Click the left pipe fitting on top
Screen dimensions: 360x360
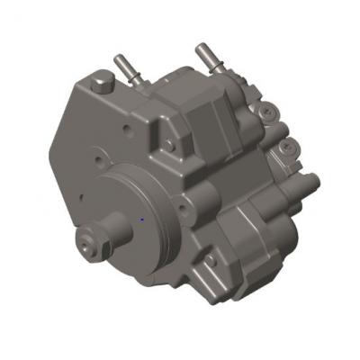pyautogui.click(x=125, y=69)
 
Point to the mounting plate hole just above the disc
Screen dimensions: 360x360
pyautogui.click(x=118, y=166)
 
